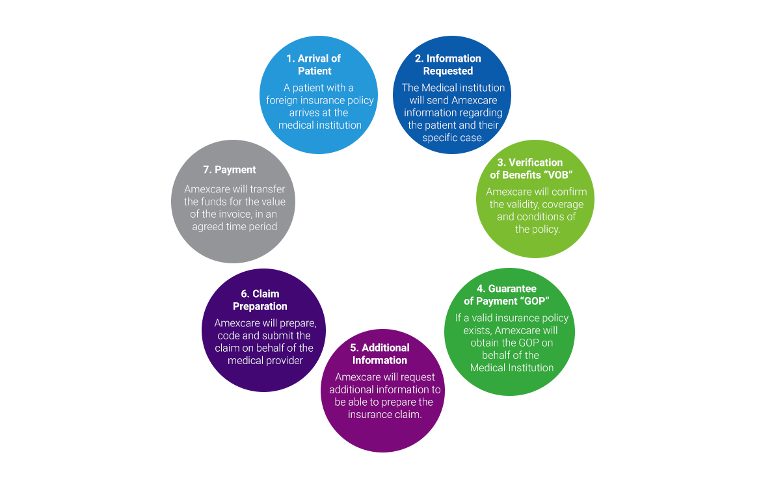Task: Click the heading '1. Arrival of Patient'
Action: click(x=314, y=64)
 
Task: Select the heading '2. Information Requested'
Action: click(x=448, y=64)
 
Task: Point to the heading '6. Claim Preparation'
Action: click(x=260, y=300)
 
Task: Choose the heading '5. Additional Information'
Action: click(x=380, y=354)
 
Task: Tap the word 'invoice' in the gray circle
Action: click(x=235, y=214)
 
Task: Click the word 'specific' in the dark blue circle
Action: click(x=441, y=137)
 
